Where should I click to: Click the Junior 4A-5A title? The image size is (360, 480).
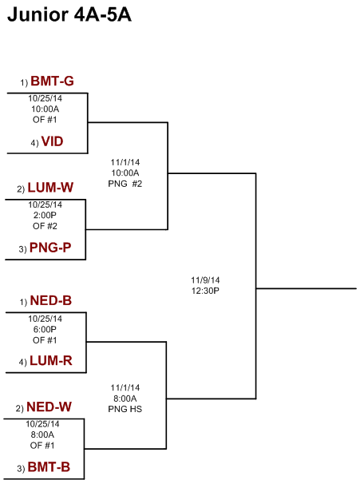coord(69,14)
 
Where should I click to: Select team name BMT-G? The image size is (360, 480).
coord(53,81)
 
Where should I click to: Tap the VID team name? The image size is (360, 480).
coord(53,141)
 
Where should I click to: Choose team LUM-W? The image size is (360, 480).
coord(50,188)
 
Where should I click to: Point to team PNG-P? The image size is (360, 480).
coord(50,248)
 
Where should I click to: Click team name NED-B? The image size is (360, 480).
coord(51,300)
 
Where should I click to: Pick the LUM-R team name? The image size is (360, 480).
coord(51,361)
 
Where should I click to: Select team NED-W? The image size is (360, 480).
coord(49,407)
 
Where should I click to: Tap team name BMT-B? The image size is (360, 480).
coord(49,467)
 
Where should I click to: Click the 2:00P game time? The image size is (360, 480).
coord(45,215)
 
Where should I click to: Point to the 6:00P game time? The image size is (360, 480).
coord(45,329)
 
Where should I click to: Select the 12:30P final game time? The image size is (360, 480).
coord(205,291)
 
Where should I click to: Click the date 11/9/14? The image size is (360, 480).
coord(205,280)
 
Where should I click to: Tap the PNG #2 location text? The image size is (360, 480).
coord(125,184)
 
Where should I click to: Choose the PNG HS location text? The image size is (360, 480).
coord(125,409)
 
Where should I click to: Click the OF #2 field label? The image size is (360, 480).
coord(45,226)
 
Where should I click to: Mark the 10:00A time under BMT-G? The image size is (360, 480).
coord(45,109)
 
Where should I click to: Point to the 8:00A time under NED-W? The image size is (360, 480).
coord(42,434)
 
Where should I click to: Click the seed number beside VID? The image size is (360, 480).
coord(34,143)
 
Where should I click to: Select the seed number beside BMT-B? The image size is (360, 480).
coord(21,469)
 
